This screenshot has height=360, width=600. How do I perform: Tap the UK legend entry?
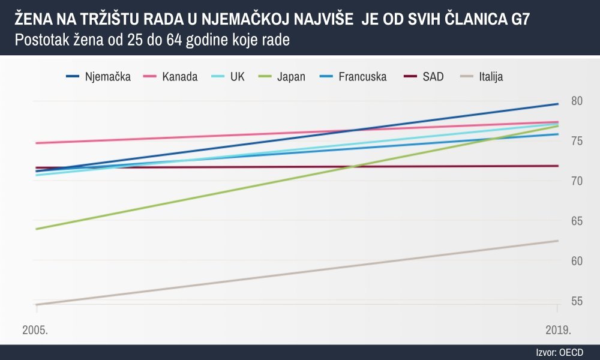click(x=237, y=77)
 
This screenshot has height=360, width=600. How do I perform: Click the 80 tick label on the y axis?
click(x=577, y=101)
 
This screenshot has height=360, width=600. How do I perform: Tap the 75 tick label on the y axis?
click(x=577, y=141)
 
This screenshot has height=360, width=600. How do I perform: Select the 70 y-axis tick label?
click(x=577, y=181)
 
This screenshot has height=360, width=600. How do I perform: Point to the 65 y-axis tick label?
click(x=577, y=221)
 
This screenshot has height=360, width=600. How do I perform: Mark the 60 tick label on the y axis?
click(x=577, y=261)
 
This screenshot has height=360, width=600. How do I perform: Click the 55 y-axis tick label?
click(x=577, y=301)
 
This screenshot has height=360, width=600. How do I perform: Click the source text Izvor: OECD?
click(x=559, y=352)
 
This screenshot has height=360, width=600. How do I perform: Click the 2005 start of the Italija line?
click(x=37, y=305)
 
